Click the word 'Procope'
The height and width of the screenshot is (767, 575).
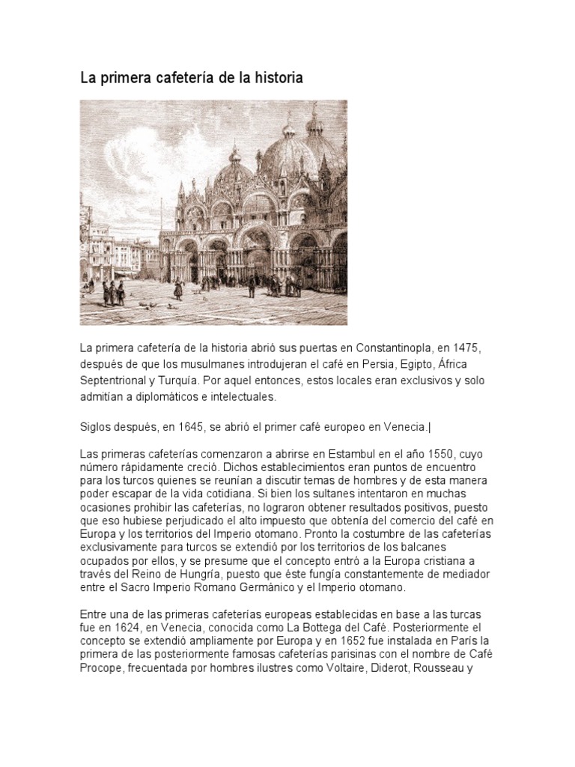click(x=102, y=666)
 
